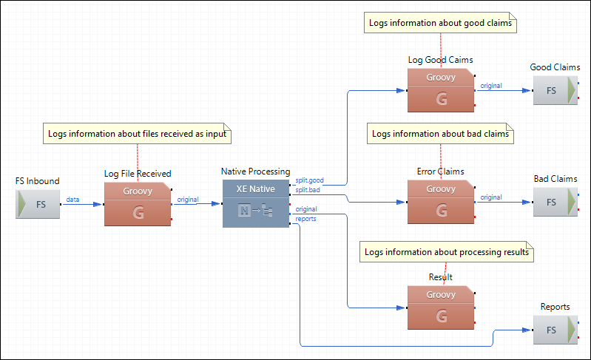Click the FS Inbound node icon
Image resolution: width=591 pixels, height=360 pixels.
(38, 203)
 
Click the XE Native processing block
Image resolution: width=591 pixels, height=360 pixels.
(256, 203)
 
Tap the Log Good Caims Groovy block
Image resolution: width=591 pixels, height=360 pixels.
(441, 89)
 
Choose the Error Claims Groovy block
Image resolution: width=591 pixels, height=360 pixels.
(441, 201)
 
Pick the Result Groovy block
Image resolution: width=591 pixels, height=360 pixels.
(441, 306)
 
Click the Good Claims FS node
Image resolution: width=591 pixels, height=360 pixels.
(555, 90)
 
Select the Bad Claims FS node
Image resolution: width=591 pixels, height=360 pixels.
(555, 202)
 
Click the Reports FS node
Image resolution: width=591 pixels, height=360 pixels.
(555, 330)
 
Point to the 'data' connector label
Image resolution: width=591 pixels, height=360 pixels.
(72, 199)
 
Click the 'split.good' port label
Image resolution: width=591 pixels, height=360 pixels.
(309, 180)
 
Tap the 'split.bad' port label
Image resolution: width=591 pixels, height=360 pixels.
(308, 190)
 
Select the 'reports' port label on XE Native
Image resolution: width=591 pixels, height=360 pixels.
(305, 218)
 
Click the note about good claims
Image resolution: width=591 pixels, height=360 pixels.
(441, 23)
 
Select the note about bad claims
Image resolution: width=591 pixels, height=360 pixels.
(440, 134)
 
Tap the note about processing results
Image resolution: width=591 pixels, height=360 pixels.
(446, 251)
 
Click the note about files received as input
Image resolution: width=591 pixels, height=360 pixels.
(138, 135)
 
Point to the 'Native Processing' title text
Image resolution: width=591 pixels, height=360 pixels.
(256, 171)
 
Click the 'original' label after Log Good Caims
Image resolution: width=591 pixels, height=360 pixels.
(490, 86)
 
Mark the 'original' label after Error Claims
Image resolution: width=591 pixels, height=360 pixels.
(490, 197)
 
